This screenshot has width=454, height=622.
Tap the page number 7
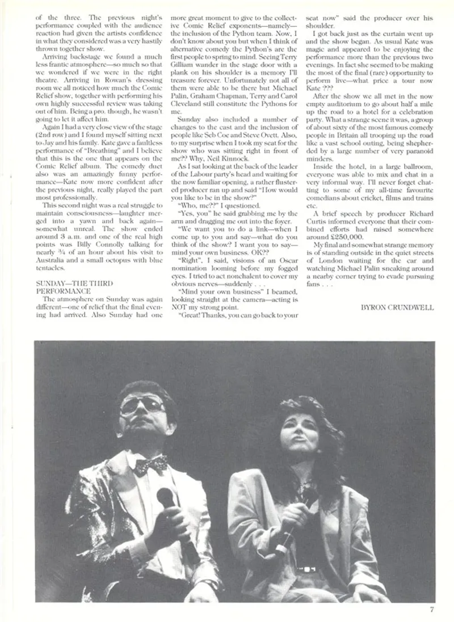coord(431,610)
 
